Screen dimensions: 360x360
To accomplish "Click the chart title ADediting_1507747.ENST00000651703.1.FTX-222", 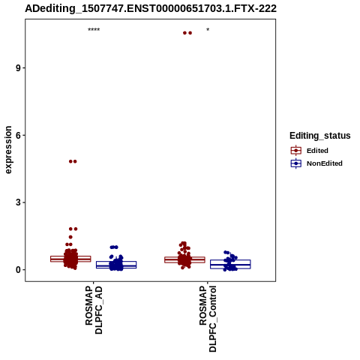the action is click(x=151, y=8).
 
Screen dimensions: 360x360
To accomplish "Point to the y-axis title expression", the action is click(x=8, y=150).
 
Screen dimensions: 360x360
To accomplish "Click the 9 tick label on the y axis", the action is click(x=18, y=68).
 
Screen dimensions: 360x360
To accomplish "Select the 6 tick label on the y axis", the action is click(x=18, y=135).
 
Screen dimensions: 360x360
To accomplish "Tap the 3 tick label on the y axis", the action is click(x=18, y=202).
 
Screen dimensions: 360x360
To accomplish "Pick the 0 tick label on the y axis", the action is click(x=18, y=270).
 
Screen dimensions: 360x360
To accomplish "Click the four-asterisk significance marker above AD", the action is click(x=94, y=30).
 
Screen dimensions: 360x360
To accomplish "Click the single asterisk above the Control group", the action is click(x=208, y=30).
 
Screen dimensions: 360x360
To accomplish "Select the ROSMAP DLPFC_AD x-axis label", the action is click(x=94, y=310).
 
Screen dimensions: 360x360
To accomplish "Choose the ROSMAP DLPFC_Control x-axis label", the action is click(x=208, y=319).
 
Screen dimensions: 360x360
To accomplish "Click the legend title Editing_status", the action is click(x=320, y=136).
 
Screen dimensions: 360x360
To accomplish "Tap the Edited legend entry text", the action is click(x=317, y=151).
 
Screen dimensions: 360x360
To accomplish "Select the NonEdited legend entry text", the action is click(x=325, y=163).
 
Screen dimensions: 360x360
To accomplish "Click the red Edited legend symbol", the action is click(x=296, y=151).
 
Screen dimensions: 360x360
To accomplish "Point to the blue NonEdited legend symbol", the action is click(x=296, y=163).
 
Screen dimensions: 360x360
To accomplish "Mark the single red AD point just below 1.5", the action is click(x=70, y=237).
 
